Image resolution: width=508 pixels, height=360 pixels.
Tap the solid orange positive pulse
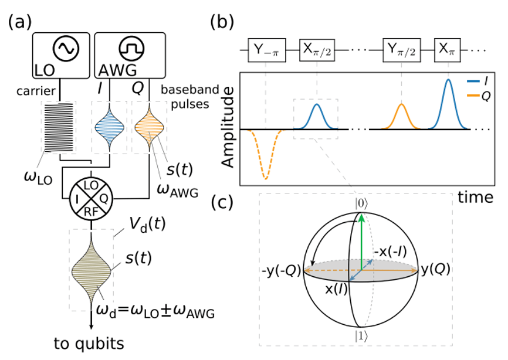(x=401, y=106)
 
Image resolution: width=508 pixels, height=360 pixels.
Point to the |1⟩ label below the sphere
(x=361, y=336)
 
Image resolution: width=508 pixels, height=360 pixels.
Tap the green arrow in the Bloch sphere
(x=362, y=240)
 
